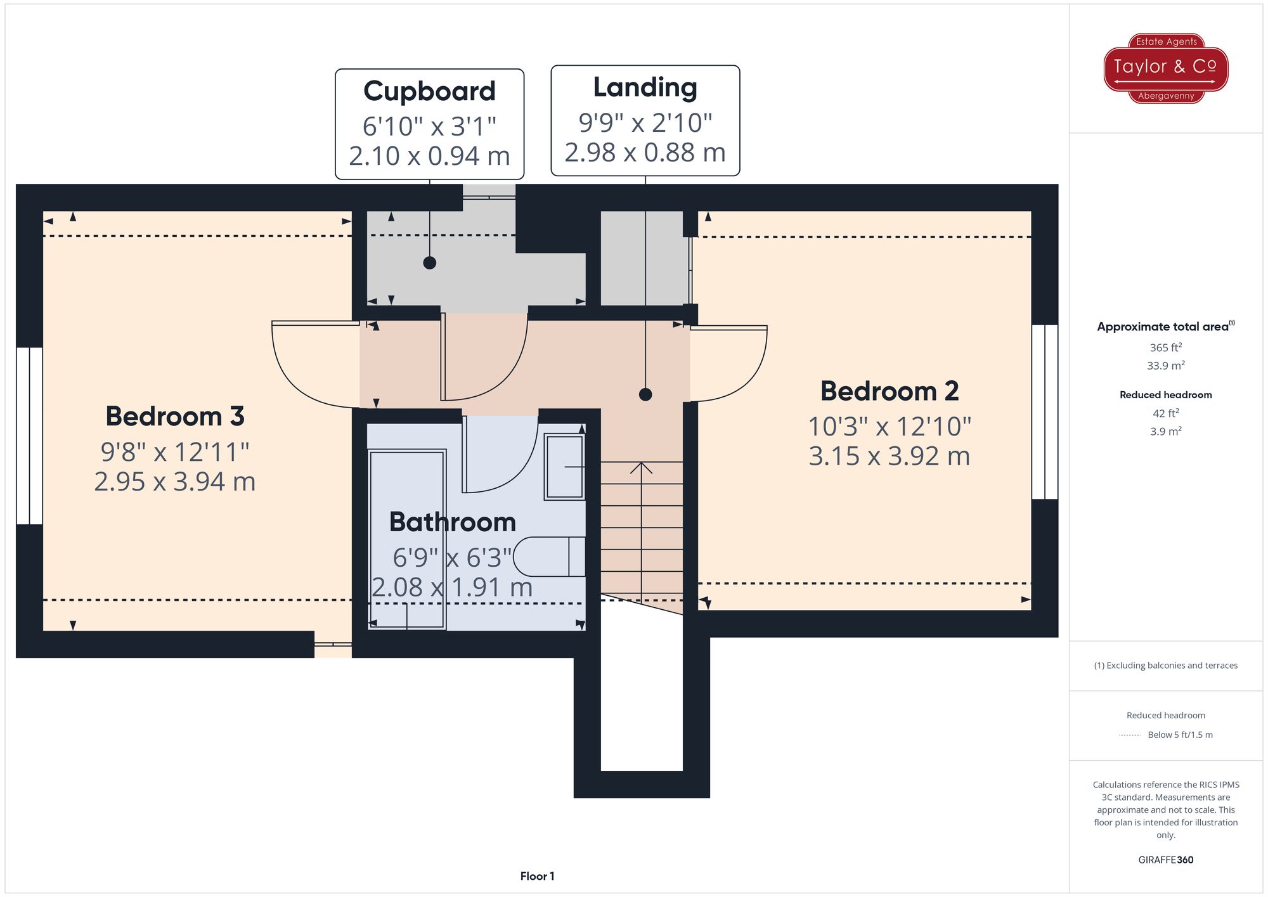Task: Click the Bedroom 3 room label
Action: coord(175,416)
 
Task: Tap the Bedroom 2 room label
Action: coord(890,391)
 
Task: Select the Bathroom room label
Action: coord(453,522)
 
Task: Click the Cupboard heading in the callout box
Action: coord(429,91)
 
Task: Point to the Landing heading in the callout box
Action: coord(645,87)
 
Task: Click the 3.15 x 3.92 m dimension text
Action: coord(890,456)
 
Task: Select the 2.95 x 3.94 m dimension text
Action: coord(175,482)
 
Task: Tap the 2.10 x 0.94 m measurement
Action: coord(429,156)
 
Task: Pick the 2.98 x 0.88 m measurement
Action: coord(645,153)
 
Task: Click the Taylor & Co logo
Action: coord(1166,68)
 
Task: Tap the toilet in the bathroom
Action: coord(549,557)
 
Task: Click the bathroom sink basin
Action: coord(564,467)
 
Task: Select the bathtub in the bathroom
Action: coord(407,539)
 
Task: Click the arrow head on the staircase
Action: coord(642,468)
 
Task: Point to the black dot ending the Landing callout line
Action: coord(645,394)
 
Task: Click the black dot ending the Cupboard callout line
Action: coord(430,262)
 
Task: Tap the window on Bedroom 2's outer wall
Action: coord(1045,412)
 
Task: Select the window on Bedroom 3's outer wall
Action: coord(29,436)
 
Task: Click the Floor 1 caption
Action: coord(537,876)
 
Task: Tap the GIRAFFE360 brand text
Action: coord(1166,860)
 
